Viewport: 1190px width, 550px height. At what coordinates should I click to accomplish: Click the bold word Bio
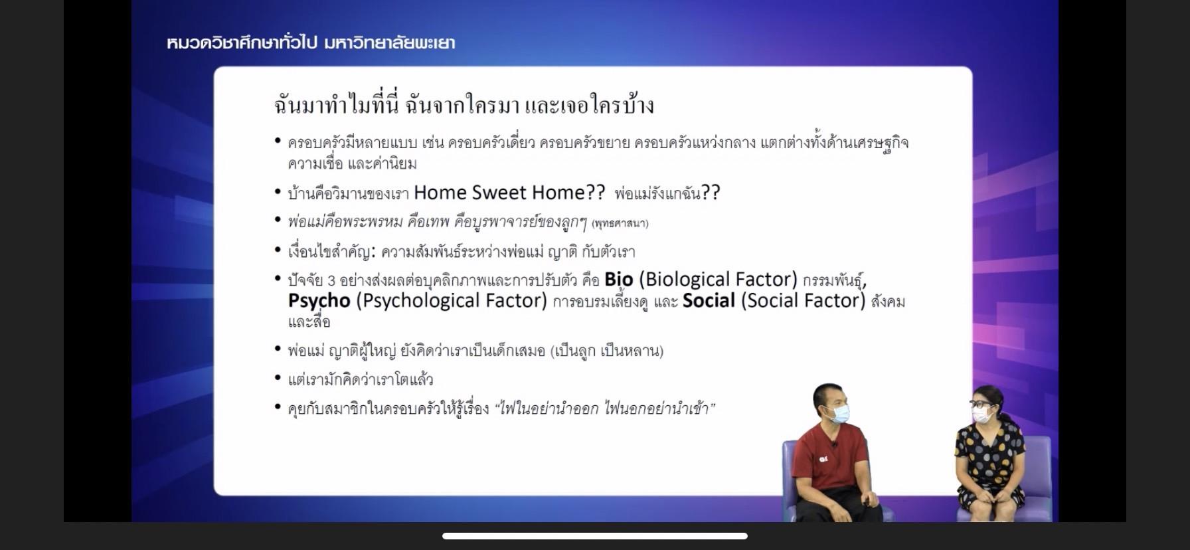click(618, 280)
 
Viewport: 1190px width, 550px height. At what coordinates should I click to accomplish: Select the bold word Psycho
click(319, 302)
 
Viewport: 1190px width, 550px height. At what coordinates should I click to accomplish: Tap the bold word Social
click(709, 301)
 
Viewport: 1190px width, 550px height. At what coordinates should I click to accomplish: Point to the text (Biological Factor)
click(718, 280)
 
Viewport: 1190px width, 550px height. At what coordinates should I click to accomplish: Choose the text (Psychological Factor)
click(452, 302)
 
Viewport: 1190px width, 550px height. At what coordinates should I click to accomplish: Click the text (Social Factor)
click(804, 302)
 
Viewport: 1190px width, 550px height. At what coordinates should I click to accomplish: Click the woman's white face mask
click(982, 415)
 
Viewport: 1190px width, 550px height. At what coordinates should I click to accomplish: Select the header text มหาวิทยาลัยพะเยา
click(390, 43)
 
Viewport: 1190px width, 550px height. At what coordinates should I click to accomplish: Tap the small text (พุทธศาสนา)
click(620, 223)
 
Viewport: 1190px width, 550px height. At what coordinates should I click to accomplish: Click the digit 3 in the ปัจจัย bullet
click(331, 280)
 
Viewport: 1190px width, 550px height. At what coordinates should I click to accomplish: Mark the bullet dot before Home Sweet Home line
click(278, 192)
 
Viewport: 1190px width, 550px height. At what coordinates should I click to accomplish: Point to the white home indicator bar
click(595, 536)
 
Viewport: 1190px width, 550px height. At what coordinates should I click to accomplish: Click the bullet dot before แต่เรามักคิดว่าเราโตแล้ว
click(278, 378)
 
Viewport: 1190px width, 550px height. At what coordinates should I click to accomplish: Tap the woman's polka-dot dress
click(989, 465)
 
